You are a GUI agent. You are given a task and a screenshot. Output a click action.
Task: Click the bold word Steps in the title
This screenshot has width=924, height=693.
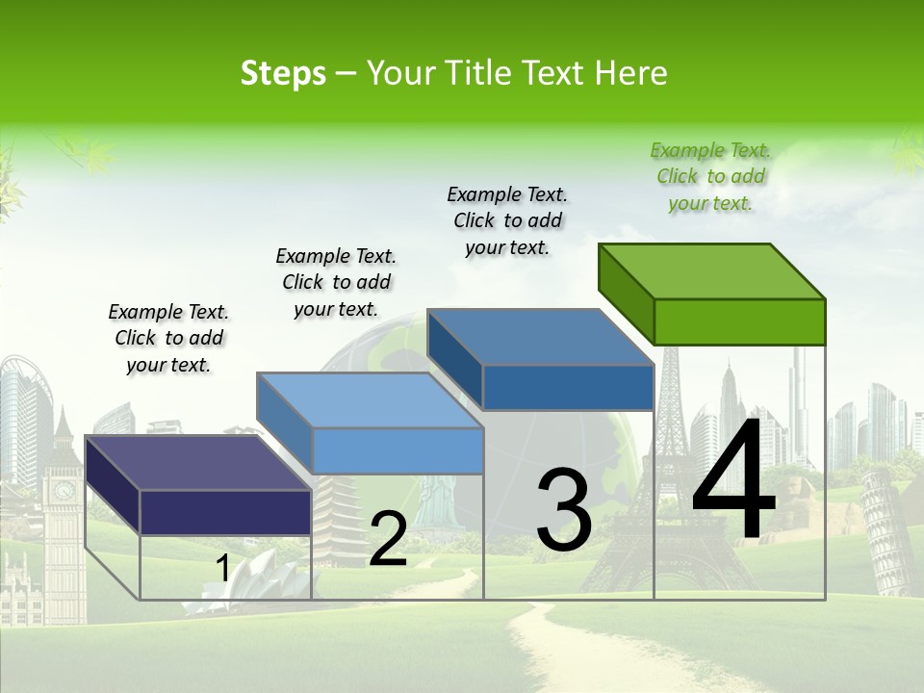(x=283, y=73)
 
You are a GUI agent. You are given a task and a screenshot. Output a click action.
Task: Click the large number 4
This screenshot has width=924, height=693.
(x=733, y=481)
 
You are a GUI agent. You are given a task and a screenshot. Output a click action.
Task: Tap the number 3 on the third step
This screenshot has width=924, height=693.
(x=563, y=510)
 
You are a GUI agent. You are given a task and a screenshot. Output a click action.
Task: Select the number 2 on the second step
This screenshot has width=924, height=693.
(x=388, y=539)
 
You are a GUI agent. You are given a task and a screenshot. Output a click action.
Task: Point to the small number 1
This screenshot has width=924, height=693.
(x=222, y=569)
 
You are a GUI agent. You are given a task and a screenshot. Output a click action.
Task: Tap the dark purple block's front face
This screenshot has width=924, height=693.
(x=225, y=512)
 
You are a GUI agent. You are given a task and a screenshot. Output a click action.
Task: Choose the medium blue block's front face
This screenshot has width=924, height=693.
(x=568, y=387)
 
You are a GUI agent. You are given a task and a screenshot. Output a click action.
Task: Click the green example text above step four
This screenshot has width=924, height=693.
(x=710, y=177)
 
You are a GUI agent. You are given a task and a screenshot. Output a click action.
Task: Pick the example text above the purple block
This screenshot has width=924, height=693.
(x=168, y=338)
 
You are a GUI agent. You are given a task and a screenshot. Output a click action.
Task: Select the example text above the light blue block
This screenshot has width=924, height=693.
(x=336, y=282)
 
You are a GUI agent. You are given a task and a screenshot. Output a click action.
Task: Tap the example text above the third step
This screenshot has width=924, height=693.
(x=507, y=220)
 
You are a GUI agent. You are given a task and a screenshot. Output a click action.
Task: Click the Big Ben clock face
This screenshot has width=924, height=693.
(x=64, y=490)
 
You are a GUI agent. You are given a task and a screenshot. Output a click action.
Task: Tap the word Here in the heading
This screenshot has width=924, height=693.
(x=631, y=73)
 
